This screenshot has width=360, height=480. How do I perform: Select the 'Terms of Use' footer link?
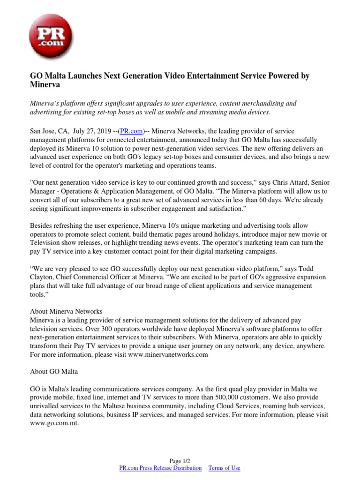224,468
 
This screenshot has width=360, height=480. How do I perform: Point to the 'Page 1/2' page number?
180,461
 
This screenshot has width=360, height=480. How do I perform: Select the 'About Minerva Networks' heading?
66,312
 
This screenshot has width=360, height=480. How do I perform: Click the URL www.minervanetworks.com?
167,355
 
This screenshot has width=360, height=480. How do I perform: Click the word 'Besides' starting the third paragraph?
41,226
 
